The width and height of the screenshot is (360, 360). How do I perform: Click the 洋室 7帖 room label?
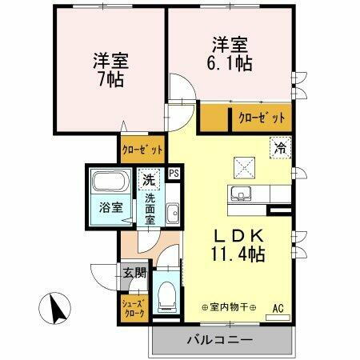click(110, 70)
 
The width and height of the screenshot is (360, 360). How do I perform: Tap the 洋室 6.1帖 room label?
click(233, 53)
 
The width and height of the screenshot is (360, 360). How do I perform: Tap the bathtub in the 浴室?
click(110, 181)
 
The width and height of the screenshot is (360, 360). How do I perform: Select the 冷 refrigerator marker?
click(280, 146)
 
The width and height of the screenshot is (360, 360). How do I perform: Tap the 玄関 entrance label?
click(134, 273)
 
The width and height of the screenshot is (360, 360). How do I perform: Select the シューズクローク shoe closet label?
click(134, 309)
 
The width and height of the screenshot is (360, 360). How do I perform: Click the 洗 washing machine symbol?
click(147, 180)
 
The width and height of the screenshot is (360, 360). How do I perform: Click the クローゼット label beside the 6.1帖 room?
click(261, 119)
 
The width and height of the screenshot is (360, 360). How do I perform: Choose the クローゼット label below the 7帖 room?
click(142, 149)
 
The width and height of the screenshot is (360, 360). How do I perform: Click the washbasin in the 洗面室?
click(172, 212)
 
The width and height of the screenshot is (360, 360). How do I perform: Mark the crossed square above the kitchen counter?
click(244, 166)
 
